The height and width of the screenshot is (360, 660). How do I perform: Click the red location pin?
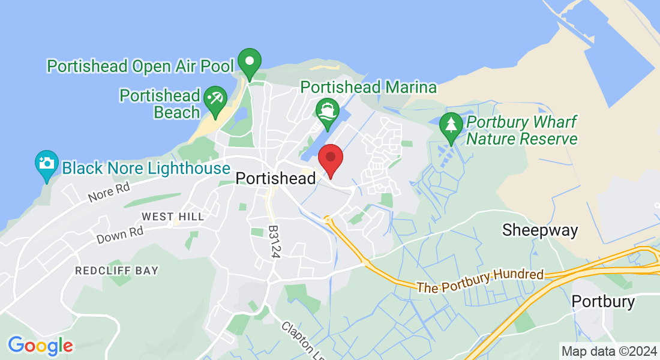point(330,158)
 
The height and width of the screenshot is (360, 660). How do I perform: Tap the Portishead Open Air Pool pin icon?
point(249,62)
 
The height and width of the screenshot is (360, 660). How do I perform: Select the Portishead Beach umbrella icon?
point(214,99)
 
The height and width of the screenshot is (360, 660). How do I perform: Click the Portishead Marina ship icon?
point(327,112)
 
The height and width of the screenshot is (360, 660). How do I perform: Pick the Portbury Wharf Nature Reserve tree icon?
point(450,127)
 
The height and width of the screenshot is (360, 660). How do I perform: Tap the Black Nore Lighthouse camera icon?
point(47,163)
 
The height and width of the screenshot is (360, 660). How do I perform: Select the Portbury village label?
point(603,301)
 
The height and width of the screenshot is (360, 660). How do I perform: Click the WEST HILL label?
point(173,216)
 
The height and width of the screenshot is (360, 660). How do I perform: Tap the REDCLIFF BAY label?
point(116,271)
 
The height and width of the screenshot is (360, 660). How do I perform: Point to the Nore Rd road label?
point(109,193)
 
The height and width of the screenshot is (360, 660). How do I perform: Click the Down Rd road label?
point(120,235)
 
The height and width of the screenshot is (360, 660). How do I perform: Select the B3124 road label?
point(274,242)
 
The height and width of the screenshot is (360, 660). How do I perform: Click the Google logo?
point(40,346)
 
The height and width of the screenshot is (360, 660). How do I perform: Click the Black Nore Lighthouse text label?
point(146,167)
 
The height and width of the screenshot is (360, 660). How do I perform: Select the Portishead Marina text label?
point(368,87)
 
